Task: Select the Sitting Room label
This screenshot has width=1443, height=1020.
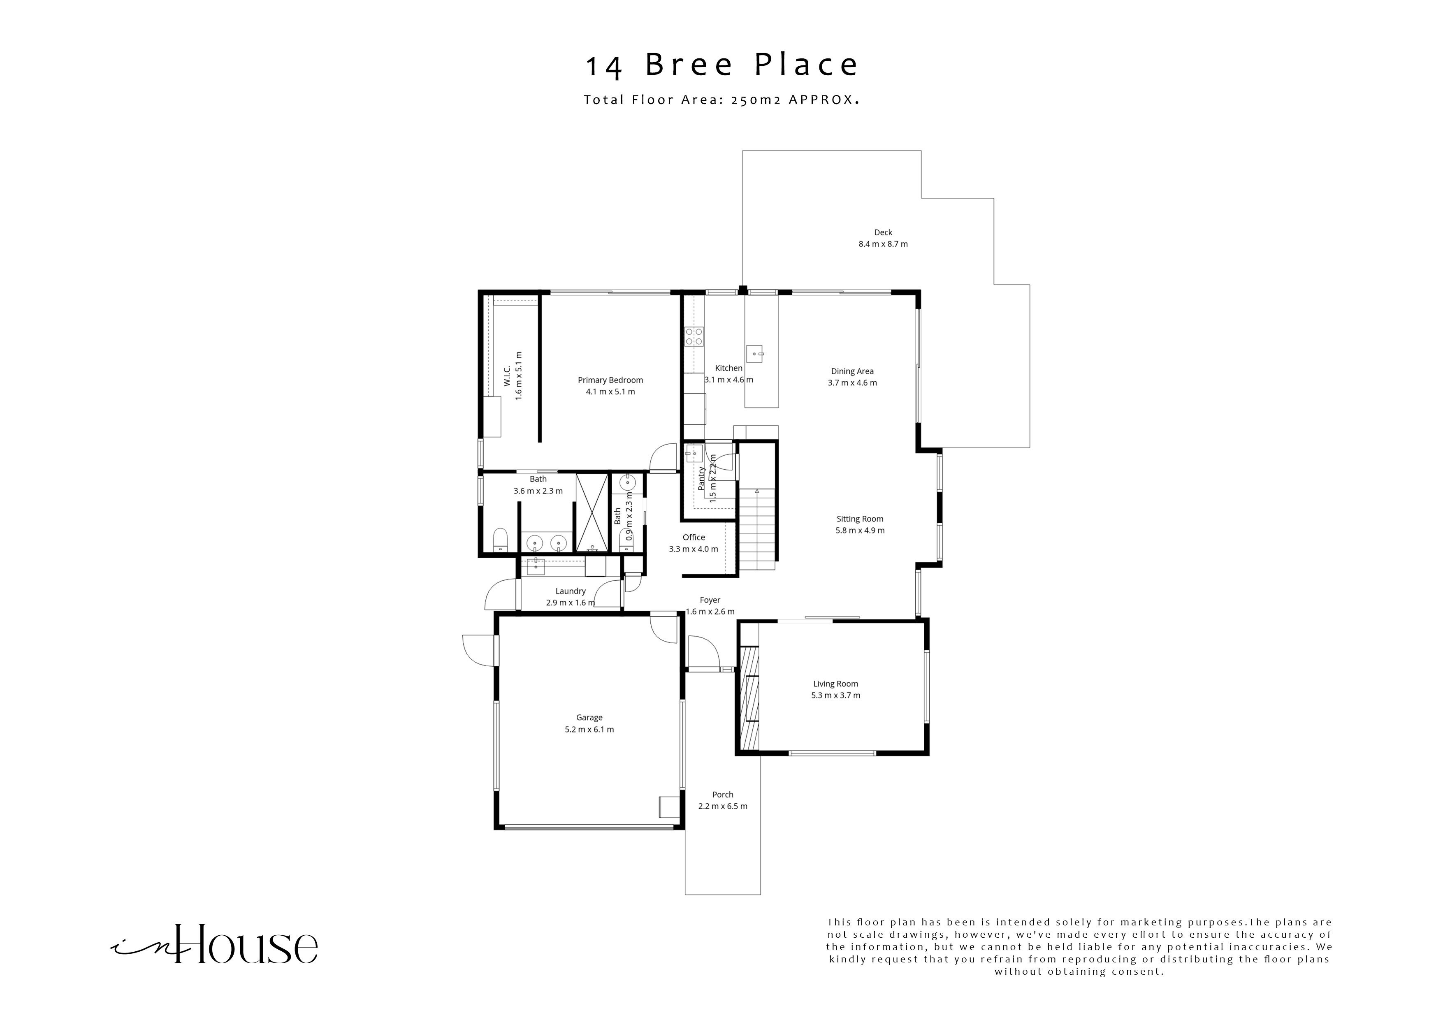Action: tap(859, 519)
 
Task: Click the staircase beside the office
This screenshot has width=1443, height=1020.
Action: tap(757, 528)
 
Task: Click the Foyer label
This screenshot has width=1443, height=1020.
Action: tap(710, 600)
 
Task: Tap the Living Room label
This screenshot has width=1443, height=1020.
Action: tap(835, 684)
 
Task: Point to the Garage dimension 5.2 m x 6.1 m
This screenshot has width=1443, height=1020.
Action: tap(589, 730)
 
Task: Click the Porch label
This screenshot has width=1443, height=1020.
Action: tap(722, 794)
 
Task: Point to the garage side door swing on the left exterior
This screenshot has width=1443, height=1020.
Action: tap(478, 651)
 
